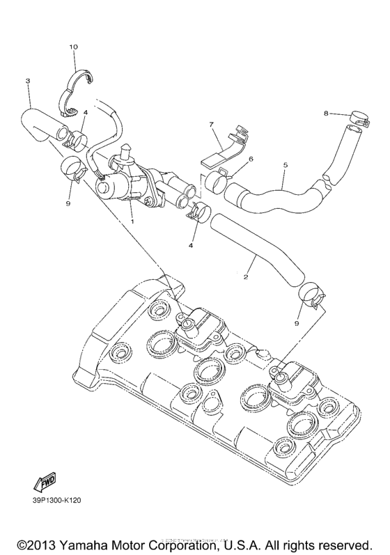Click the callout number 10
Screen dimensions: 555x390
point(73,47)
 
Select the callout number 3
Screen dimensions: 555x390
point(27,81)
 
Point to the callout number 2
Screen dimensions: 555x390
point(245,276)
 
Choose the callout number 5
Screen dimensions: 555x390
point(285,165)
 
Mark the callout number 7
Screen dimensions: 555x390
point(210,124)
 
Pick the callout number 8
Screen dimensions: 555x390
point(325,113)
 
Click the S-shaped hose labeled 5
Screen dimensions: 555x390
point(279,193)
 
